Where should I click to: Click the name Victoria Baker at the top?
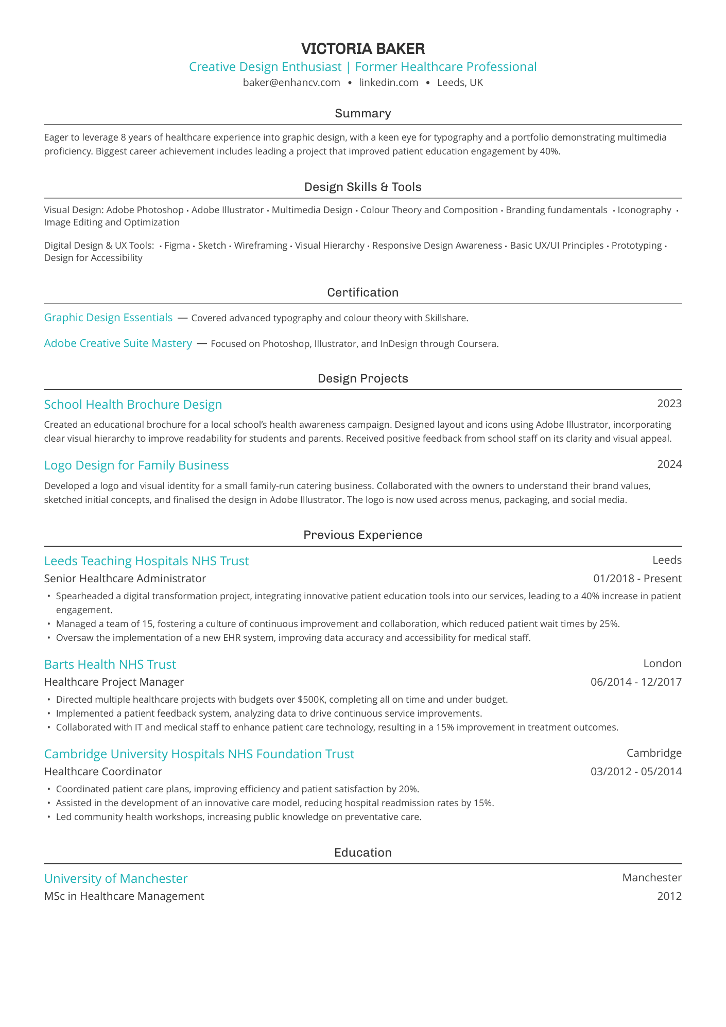click(363, 49)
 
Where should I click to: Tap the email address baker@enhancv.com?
click(291, 83)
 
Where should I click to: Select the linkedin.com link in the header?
click(388, 83)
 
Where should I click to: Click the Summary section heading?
click(363, 113)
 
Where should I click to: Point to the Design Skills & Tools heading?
click(363, 187)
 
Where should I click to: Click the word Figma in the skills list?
click(177, 246)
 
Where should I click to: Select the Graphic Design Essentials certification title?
click(108, 318)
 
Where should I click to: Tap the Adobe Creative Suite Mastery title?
click(118, 343)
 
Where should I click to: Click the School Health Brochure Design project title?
click(133, 405)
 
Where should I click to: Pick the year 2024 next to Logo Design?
click(669, 465)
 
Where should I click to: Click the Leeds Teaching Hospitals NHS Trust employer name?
click(146, 561)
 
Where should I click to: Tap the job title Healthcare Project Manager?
click(114, 682)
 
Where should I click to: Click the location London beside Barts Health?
click(662, 664)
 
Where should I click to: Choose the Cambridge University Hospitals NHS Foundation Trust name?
click(199, 754)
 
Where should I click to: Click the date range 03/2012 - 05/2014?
click(636, 772)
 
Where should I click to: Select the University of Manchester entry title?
click(116, 878)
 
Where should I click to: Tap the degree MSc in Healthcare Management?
click(124, 896)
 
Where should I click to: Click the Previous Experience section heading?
click(363, 535)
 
